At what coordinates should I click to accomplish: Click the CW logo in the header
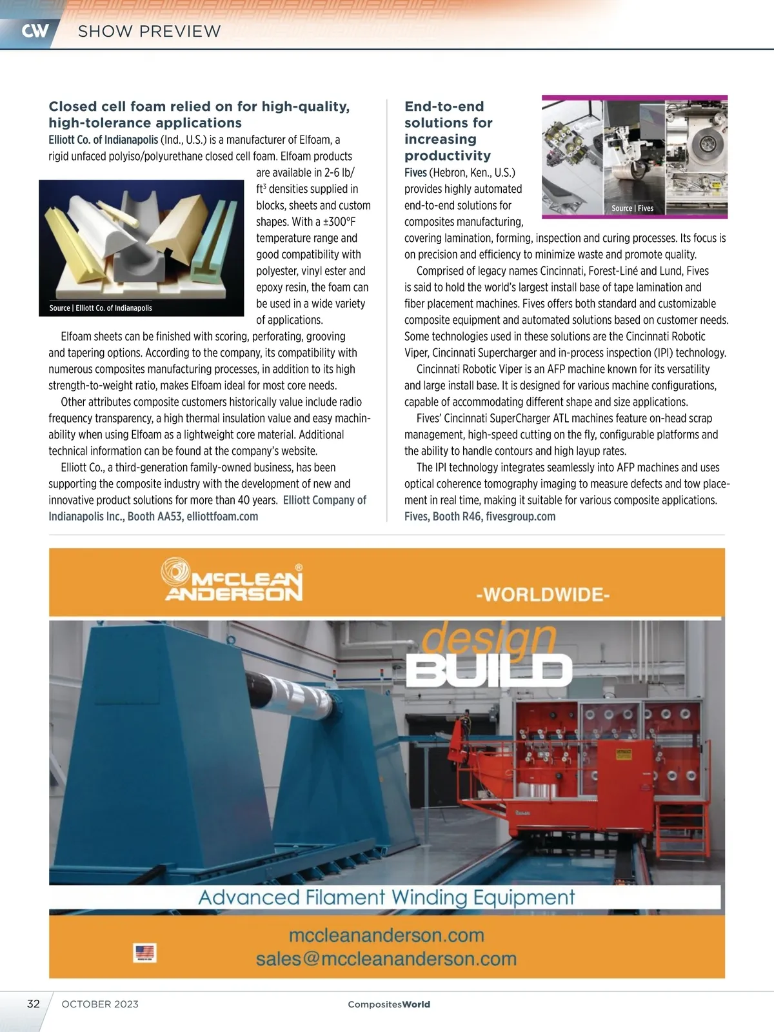point(35,31)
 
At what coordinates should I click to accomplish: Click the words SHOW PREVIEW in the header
point(149,31)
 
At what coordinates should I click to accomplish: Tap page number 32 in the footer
point(34,1004)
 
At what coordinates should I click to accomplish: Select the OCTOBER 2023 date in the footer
point(100,1004)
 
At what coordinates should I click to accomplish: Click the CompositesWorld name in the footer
point(388,1004)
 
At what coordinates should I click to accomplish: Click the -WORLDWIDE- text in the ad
point(542,594)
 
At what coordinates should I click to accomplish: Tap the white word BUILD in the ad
point(488,670)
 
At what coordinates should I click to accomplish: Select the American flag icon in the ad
point(144,953)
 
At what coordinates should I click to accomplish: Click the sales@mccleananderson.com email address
point(386,959)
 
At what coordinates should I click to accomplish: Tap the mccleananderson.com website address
point(386,935)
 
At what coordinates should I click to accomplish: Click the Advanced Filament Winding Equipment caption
point(386,897)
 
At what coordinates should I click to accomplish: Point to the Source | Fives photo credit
point(632,208)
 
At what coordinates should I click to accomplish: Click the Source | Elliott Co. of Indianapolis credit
point(101,308)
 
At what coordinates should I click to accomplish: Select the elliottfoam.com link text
point(223,517)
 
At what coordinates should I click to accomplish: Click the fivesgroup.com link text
point(521,517)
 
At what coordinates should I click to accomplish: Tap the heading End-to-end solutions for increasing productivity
point(448,131)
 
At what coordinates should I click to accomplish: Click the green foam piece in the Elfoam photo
point(219,239)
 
